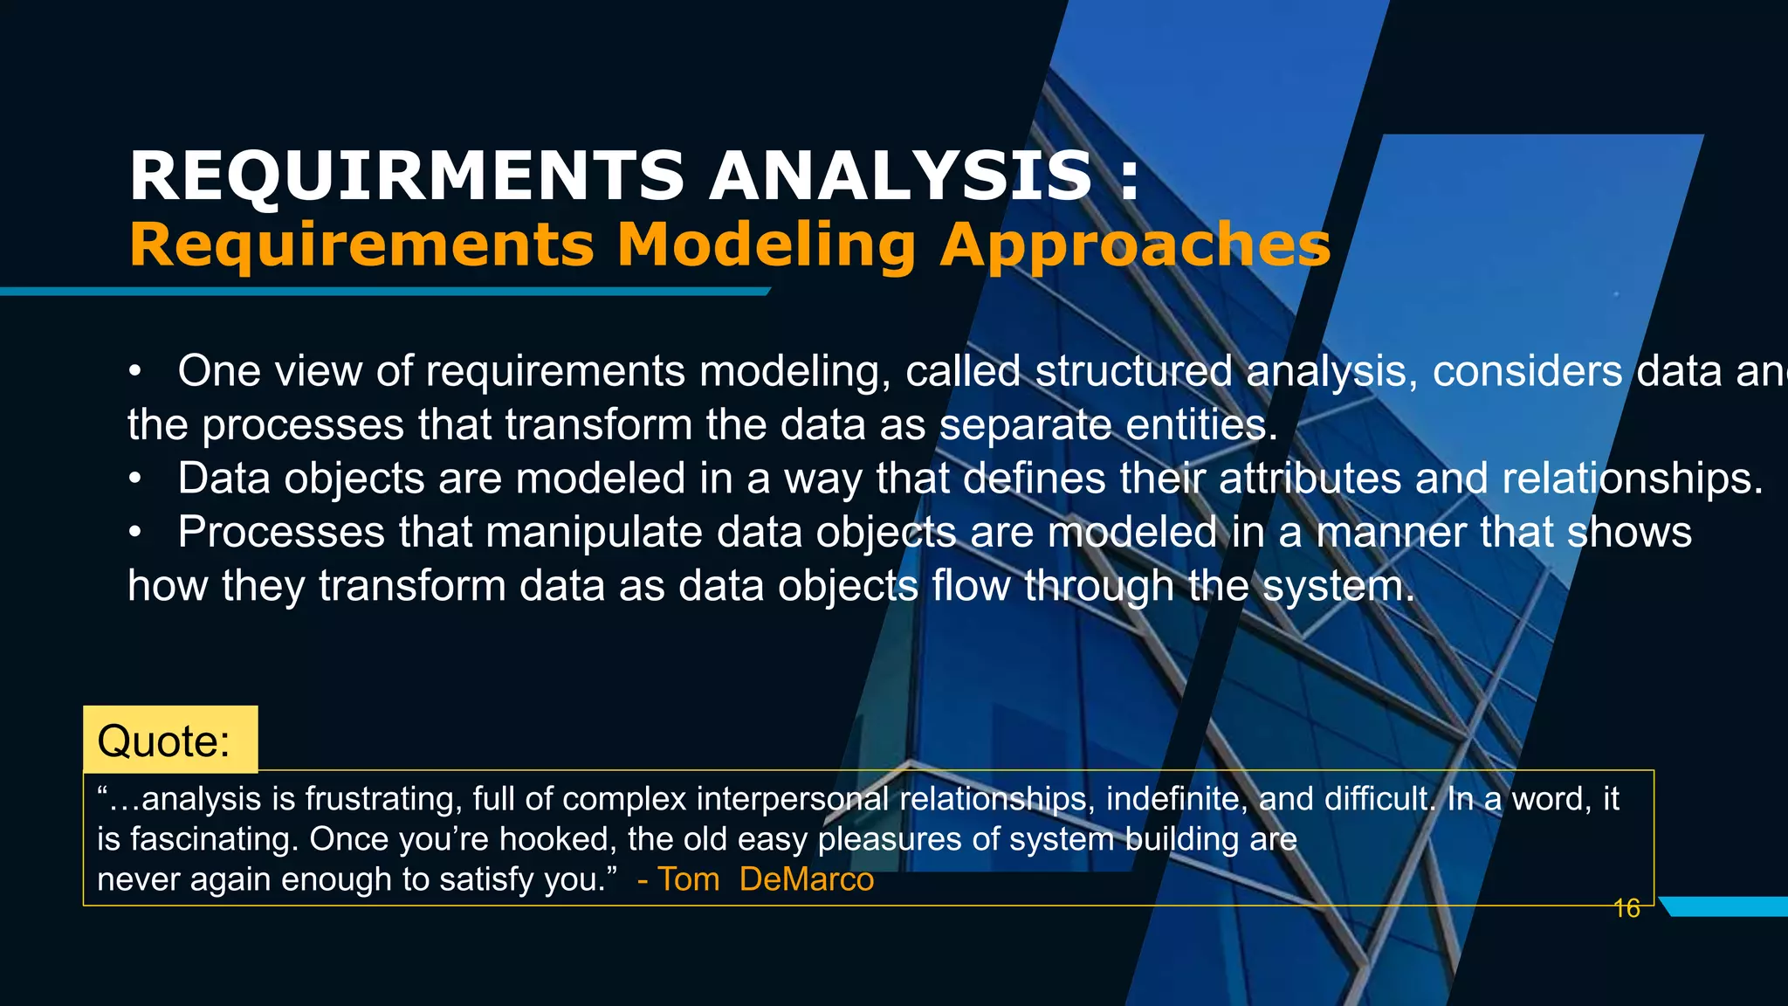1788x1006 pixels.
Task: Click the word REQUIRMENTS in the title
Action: (407, 176)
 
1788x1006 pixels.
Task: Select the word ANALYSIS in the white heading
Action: (900, 176)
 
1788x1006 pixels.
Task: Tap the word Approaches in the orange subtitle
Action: (1136, 245)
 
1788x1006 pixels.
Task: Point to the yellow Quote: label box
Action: (170, 740)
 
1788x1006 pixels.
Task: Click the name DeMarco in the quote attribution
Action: (806, 879)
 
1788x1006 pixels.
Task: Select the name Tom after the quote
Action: (688, 879)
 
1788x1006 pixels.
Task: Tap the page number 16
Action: (1626, 909)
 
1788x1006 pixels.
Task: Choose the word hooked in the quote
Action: (554, 839)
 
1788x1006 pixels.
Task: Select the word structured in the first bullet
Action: (1133, 371)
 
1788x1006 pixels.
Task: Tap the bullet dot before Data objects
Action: (134, 479)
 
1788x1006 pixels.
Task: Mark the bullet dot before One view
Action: (134, 372)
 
